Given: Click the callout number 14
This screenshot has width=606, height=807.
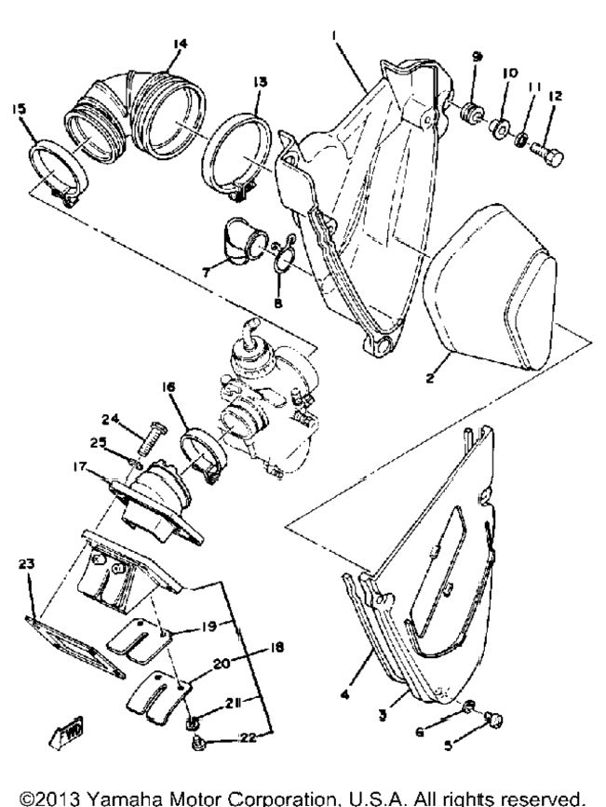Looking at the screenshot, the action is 180,45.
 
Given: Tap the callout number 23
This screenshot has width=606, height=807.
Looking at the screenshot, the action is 26,564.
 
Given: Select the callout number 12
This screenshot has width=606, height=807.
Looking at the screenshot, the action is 556,96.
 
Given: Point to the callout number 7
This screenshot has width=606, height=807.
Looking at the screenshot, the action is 207,273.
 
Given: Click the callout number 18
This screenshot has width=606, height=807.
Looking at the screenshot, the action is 276,647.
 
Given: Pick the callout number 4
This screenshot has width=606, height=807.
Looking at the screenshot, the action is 345,694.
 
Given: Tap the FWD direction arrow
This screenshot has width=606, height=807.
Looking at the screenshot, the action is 66,730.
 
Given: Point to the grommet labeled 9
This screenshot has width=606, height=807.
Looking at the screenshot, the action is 471,112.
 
